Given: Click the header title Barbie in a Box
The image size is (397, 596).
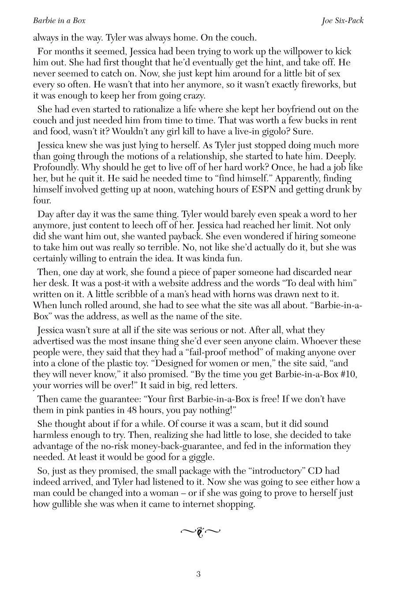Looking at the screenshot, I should pyautogui.click(x=59, y=21).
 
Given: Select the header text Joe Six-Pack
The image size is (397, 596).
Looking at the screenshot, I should pyautogui.click(x=342, y=21).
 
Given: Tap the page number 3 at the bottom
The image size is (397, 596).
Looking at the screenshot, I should pyautogui.click(x=198, y=574).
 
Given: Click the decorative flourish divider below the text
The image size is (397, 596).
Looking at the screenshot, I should pyautogui.click(x=200, y=532).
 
